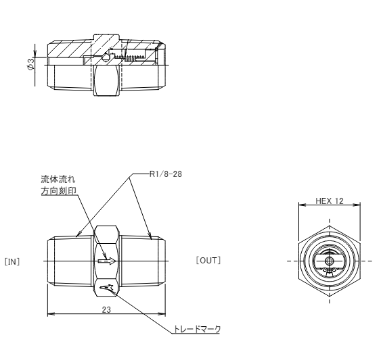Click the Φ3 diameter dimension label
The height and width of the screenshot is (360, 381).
[x=31, y=65]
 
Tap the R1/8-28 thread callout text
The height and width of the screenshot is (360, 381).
[x=166, y=174]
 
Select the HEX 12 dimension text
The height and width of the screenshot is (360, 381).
[x=330, y=201]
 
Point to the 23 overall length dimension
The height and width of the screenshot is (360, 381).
[x=106, y=310]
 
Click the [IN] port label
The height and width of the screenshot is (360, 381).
[x=12, y=262]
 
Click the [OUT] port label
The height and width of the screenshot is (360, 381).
[x=208, y=261]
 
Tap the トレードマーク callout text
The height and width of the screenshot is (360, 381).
[x=196, y=329]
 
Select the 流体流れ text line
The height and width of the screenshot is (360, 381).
[x=58, y=179]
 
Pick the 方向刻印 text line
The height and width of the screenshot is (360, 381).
[x=58, y=191]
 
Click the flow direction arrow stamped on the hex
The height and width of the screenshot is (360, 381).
[x=107, y=261]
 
